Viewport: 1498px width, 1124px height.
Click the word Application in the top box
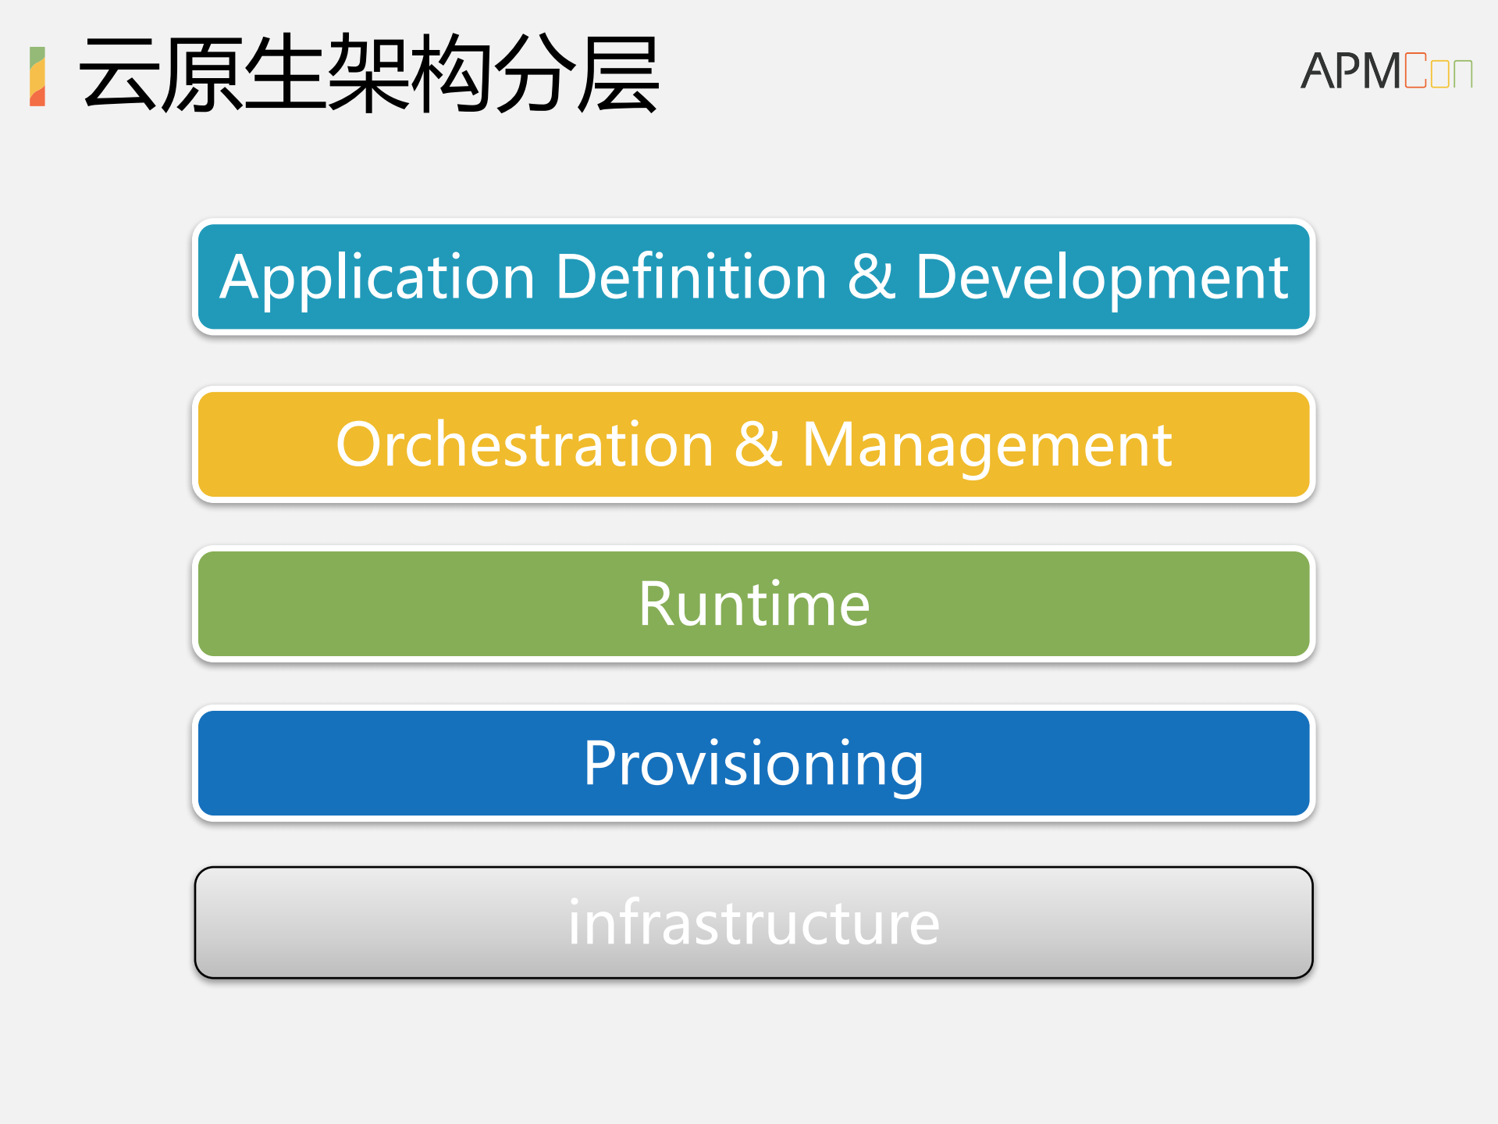tap(377, 278)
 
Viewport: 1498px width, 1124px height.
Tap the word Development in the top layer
tap(1101, 278)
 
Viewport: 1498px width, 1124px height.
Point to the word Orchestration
tap(525, 444)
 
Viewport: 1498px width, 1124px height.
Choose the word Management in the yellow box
tap(987, 445)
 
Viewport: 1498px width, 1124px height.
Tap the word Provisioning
tap(753, 764)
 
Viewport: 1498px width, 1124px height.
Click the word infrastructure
tap(753, 922)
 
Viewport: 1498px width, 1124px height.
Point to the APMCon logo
tap(1386, 71)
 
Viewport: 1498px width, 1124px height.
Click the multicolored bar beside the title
tap(37, 76)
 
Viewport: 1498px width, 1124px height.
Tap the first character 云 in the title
tap(119, 73)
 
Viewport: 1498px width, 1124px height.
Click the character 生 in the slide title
tap(285, 73)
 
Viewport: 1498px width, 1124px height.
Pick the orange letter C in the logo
tap(1415, 71)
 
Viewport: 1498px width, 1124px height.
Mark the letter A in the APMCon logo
tap(1318, 71)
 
